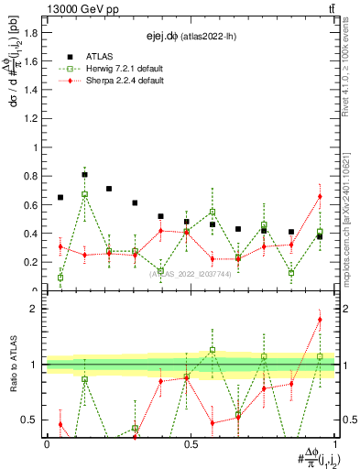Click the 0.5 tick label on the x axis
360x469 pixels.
pyautogui.click(x=191, y=444)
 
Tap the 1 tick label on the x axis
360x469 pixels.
pyautogui.click(x=334, y=444)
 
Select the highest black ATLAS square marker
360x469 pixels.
pyautogui.click(x=85, y=174)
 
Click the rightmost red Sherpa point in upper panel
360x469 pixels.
pyautogui.click(x=320, y=196)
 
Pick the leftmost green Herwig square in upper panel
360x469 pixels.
pyautogui.click(x=60, y=278)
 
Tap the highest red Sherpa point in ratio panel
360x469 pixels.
pyautogui.click(x=320, y=320)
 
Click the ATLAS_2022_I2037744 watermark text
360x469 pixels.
pyautogui.click(x=189, y=273)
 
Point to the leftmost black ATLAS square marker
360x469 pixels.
pyautogui.click(x=60, y=197)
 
